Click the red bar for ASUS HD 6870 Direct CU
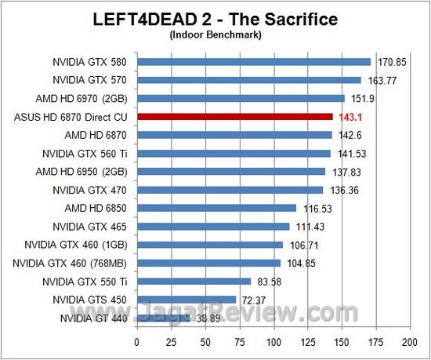click(x=235, y=117)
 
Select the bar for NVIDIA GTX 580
click(x=254, y=61)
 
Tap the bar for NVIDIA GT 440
click(x=164, y=318)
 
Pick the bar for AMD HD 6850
click(x=217, y=208)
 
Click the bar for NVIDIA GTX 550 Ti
click(x=194, y=281)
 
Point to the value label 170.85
click(x=389, y=61)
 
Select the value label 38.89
click(x=207, y=318)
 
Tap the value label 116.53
click(x=315, y=209)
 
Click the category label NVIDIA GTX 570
click(x=89, y=80)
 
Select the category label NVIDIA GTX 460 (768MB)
click(x=76, y=263)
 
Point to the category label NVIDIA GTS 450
click(x=90, y=300)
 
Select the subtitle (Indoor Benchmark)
click(x=215, y=35)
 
